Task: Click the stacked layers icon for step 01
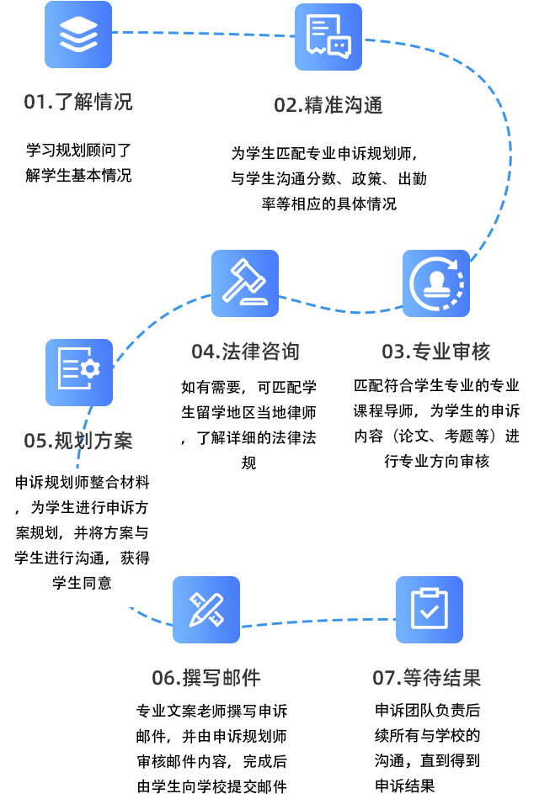(78, 34)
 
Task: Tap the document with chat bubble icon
(328, 37)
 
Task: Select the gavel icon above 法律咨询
(245, 283)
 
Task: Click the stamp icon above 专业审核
(436, 283)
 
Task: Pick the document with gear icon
(79, 373)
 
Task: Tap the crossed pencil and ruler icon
(206, 610)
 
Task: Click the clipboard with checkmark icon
(430, 610)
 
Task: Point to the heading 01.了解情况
(78, 102)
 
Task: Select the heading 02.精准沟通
(328, 105)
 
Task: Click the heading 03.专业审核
(436, 352)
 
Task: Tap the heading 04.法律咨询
(246, 352)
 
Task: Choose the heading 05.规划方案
(78, 441)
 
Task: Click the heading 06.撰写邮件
(206, 678)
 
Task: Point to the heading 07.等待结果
(427, 678)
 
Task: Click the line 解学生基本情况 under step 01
(78, 175)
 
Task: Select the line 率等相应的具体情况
(329, 204)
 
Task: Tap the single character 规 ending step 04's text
(248, 463)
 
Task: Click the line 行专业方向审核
(437, 461)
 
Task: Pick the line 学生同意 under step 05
(82, 583)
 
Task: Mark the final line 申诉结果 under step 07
(405, 786)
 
